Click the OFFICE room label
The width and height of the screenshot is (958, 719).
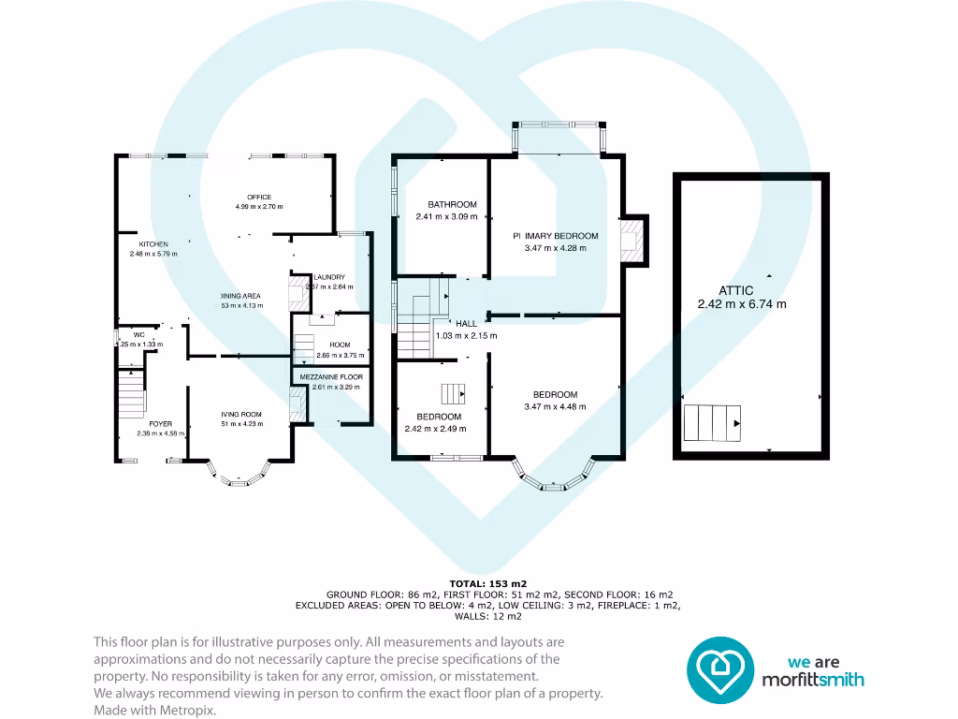(x=259, y=197)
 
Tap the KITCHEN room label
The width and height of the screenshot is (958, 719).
(x=153, y=244)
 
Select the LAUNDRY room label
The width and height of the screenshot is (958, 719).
(x=329, y=277)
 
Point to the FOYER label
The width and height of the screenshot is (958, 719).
(x=161, y=424)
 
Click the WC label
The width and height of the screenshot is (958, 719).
(x=138, y=335)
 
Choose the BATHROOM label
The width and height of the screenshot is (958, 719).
(x=452, y=204)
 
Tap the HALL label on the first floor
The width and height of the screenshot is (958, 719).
(x=466, y=323)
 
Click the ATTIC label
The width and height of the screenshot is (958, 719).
(x=742, y=291)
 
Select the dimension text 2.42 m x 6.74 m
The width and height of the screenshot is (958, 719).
(x=742, y=304)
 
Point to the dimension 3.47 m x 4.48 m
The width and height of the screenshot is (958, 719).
(x=555, y=406)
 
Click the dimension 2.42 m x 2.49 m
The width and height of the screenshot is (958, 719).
(x=439, y=429)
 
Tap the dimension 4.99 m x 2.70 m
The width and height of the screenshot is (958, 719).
(x=259, y=207)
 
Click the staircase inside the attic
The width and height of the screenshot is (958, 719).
(x=713, y=423)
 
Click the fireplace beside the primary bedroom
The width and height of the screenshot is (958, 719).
(x=633, y=240)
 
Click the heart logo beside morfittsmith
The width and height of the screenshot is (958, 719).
(x=720, y=669)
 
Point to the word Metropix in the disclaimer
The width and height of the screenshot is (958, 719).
(x=192, y=711)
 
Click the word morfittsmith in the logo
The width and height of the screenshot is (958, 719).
(x=812, y=680)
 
